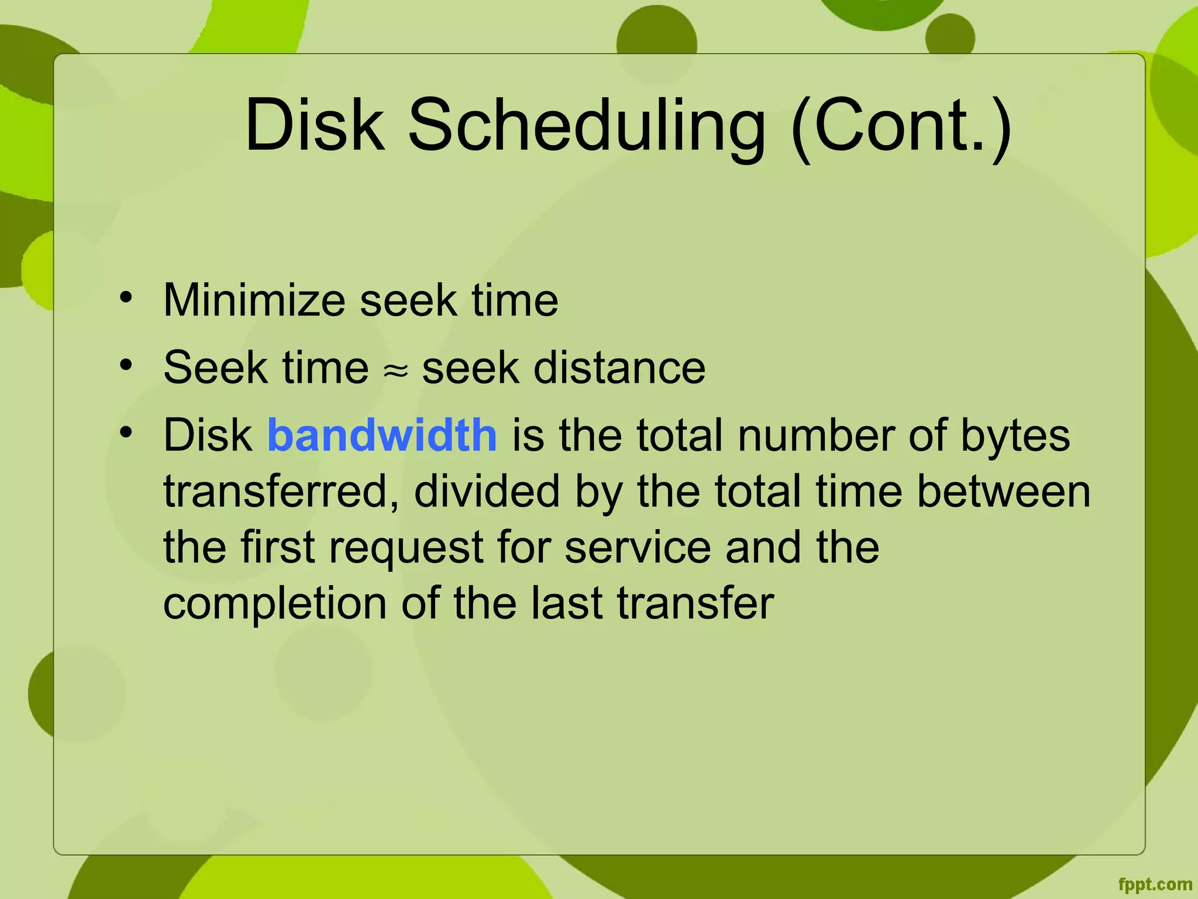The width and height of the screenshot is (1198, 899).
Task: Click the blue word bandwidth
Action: pos(382,435)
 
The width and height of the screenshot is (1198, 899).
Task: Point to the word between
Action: pos(1003,491)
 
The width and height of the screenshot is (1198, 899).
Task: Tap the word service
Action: pos(638,547)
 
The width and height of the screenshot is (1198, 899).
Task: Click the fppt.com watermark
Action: pos(1155,884)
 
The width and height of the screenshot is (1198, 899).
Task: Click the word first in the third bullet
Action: pos(277,547)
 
